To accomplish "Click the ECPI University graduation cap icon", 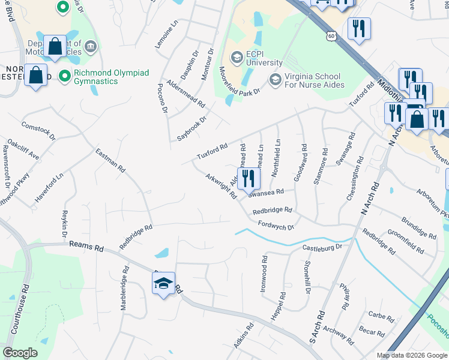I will (237, 57).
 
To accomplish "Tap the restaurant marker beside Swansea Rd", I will (247, 178).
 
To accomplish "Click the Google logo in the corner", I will (20, 353).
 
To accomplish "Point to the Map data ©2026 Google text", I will (412, 355).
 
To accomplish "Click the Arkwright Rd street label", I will (221, 188).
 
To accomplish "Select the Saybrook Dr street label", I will (191, 128).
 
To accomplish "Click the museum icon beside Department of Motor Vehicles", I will (90, 46).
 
